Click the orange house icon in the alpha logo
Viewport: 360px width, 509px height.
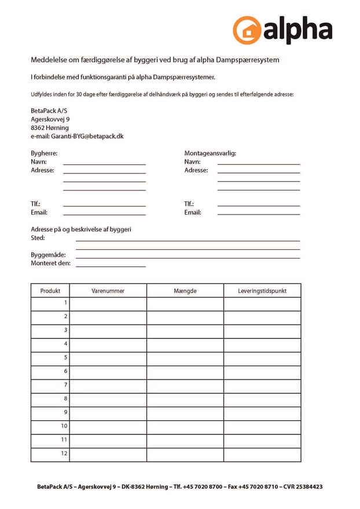[247, 30]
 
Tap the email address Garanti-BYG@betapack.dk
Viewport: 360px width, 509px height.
[87, 137]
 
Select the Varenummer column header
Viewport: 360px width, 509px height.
[108, 291]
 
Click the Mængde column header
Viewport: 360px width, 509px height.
[185, 291]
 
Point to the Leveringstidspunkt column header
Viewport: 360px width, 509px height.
[262, 291]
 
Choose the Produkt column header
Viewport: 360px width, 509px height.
[50, 291]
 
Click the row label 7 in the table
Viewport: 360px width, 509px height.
[65, 385]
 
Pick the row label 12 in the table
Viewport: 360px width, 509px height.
[64, 454]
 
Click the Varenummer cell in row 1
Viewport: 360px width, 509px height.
[108, 303]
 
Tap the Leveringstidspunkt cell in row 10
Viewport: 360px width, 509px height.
[262, 426]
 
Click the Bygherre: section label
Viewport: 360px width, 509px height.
[44, 153]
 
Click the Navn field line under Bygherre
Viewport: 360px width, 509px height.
[104, 164]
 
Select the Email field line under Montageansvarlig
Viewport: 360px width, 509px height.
[259, 215]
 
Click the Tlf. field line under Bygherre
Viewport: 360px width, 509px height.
[104, 206]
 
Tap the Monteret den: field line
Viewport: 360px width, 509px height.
[111, 266]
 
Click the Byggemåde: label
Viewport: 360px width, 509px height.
[48, 255]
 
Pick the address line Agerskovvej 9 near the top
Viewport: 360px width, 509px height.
[50, 119]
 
